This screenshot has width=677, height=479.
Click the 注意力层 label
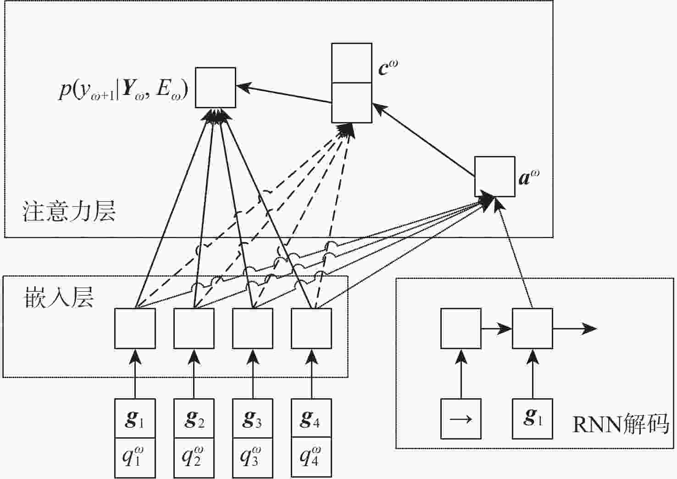(69, 212)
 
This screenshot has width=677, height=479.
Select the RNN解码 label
(621, 424)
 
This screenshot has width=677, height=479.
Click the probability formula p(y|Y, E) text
(123, 89)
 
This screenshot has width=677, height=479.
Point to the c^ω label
(388, 67)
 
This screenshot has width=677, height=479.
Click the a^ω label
(529, 177)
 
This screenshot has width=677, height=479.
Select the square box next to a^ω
(494, 177)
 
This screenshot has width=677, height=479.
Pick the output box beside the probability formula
(215, 88)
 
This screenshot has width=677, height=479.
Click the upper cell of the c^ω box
(351, 63)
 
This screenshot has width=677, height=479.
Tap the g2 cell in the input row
(194, 418)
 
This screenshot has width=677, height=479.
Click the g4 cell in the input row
(311, 418)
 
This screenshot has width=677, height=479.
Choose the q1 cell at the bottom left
(135, 457)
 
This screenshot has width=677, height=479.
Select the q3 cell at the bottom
(253, 457)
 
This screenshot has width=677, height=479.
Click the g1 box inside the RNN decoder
(532, 418)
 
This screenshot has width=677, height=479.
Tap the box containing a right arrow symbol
(461, 418)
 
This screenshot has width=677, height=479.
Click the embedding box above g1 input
(135, 328)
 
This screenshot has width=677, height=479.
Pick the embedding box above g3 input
(253, 328)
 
